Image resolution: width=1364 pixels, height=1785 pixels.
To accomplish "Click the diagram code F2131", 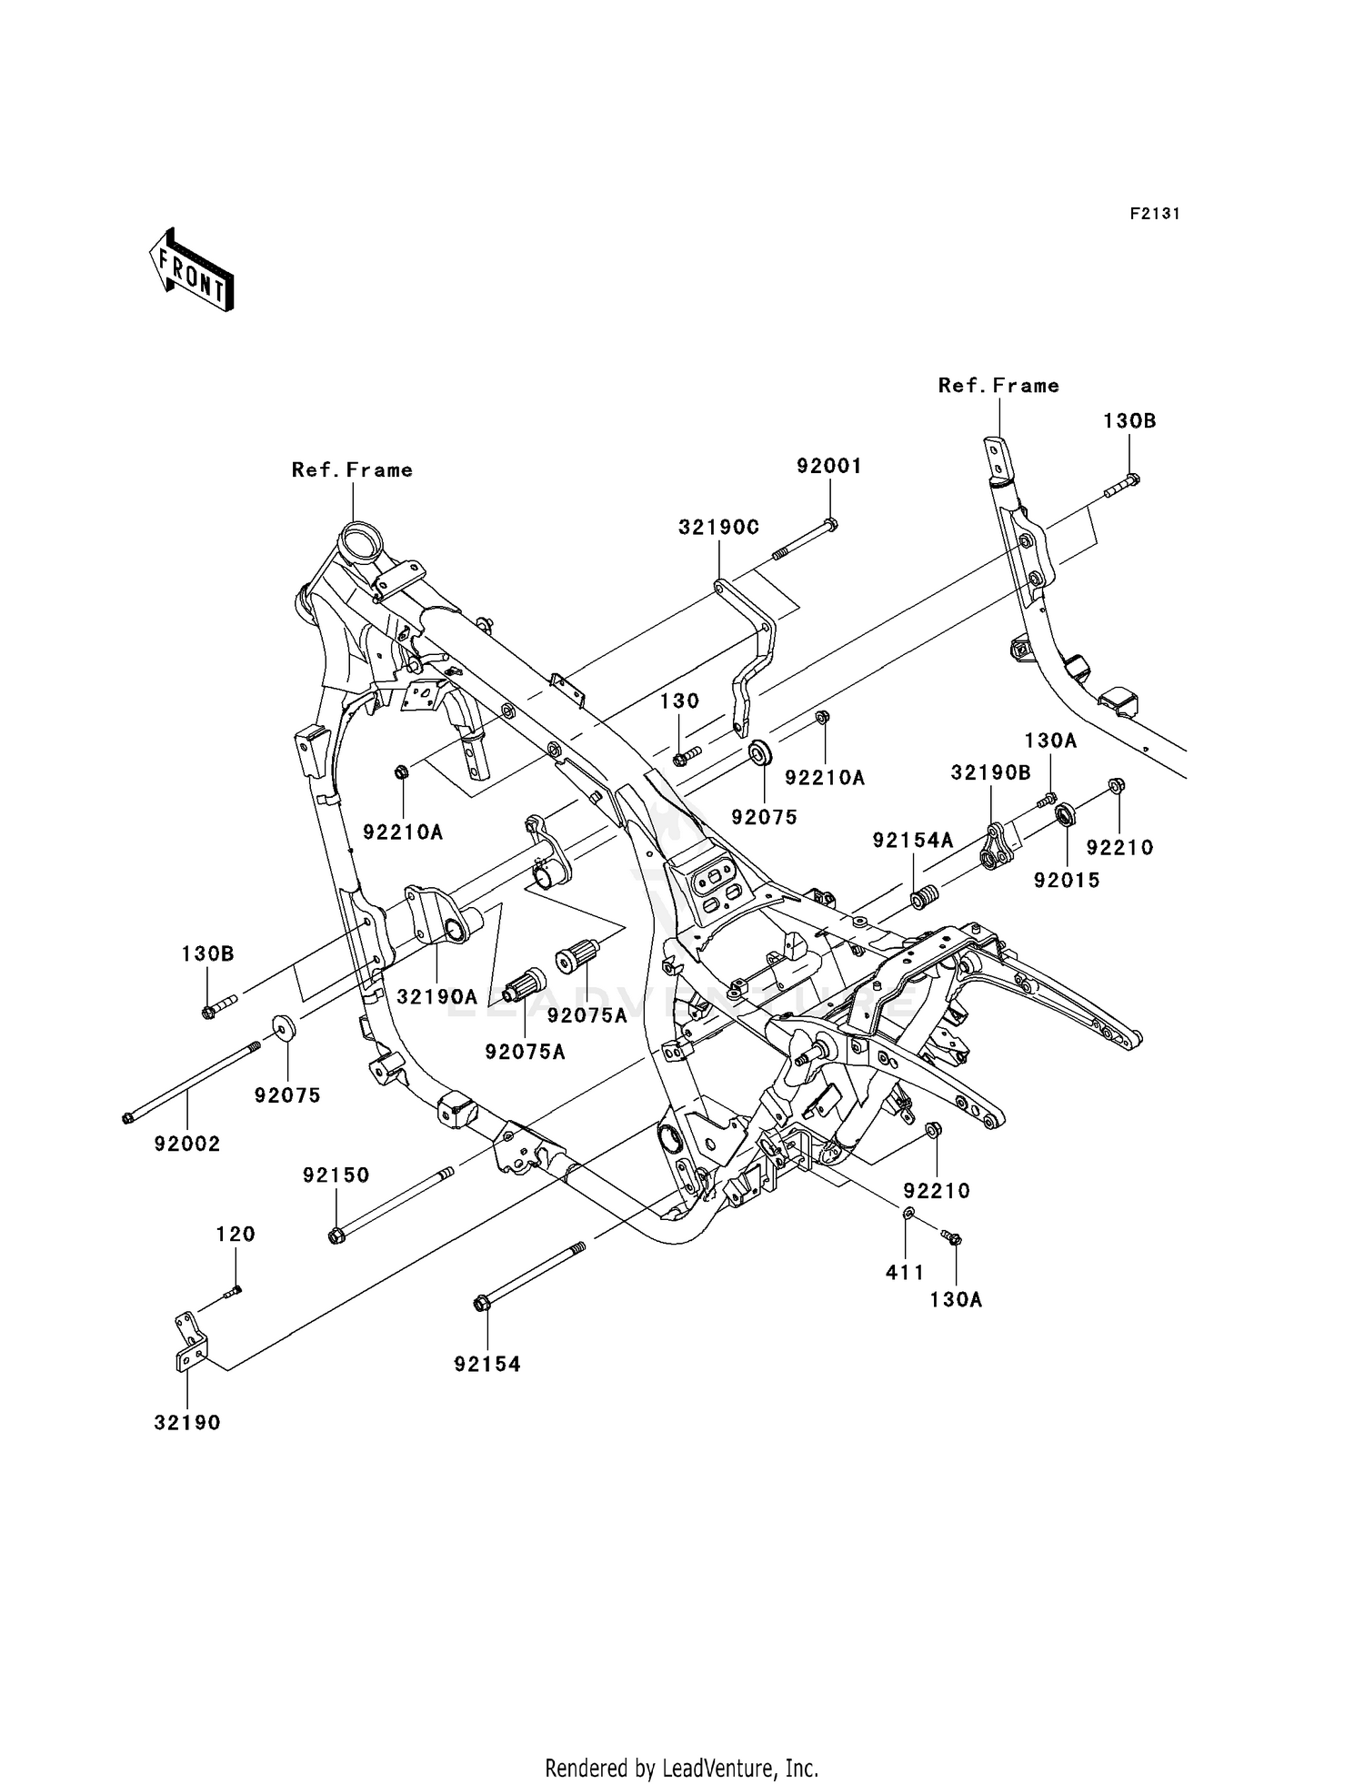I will (x=1155, y=214).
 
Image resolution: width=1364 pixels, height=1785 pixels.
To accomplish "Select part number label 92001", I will (x=828, y=466).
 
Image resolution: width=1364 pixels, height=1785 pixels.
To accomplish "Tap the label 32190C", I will (x=718, y=527).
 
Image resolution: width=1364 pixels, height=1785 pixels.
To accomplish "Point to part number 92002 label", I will (x=187, y=1145).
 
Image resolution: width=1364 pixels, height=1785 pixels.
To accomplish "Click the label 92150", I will (x=336, y=1175).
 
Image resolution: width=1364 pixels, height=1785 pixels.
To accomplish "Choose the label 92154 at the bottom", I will (x=487, y=1364).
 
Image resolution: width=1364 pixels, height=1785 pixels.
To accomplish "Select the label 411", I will (x=905, y=1273).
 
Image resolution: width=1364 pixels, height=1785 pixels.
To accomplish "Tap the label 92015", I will (x=1067, y=880).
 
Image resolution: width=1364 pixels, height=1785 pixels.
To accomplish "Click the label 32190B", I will (x=991, y=772).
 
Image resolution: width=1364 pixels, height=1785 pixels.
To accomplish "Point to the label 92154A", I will (x=913, y=841).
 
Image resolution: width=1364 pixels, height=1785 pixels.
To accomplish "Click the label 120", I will (x=236, y=1235).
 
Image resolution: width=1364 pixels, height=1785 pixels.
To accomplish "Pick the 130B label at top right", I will (x=1129, y=421).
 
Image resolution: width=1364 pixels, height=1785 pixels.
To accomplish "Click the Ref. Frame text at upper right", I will (x=998, y=386).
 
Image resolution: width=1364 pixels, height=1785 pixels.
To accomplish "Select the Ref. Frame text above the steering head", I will (x=352, y=470).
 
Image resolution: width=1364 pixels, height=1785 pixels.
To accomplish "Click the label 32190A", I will (x=437, y=997).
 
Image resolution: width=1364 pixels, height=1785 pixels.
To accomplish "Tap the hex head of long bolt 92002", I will (x=128, y=1118).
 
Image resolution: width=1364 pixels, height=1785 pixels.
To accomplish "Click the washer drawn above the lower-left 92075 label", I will (x=283, y=1028).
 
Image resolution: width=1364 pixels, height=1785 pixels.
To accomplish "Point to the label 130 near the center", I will (x=679, y=701).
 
